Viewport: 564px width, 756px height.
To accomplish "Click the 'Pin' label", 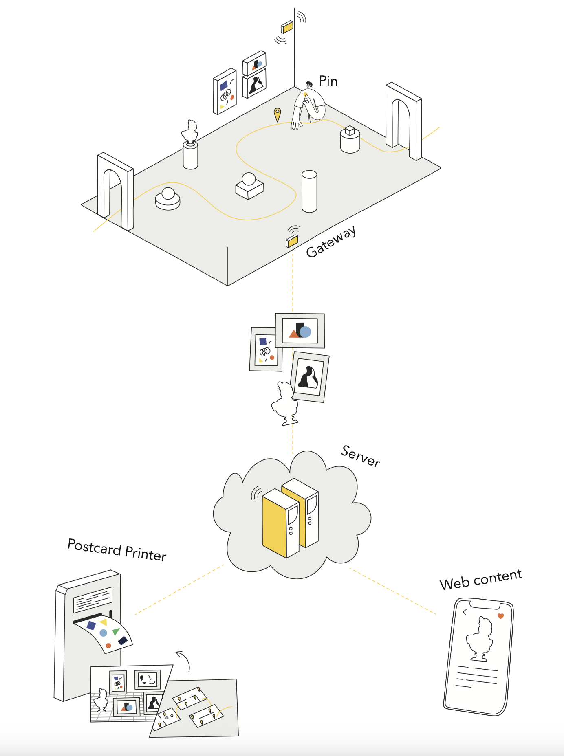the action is (328, 81).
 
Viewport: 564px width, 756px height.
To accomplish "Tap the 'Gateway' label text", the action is (331, 242).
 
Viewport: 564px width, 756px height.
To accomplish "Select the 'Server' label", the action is (361, 456).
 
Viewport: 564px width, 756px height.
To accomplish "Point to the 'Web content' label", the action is (481, 579).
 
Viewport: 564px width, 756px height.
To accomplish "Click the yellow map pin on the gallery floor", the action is (277, 114).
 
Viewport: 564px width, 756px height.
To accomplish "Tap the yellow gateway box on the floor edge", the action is (292, 241).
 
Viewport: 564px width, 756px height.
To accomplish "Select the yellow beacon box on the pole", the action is (287, 27).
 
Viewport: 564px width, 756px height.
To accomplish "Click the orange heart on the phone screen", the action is (501, 616).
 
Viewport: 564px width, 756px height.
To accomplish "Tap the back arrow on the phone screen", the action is (465, 612).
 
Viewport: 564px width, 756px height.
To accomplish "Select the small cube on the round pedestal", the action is (350, 131).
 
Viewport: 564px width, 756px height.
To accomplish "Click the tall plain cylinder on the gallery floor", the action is (309, 191).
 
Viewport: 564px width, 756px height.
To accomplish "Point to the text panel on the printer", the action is (93, 600).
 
